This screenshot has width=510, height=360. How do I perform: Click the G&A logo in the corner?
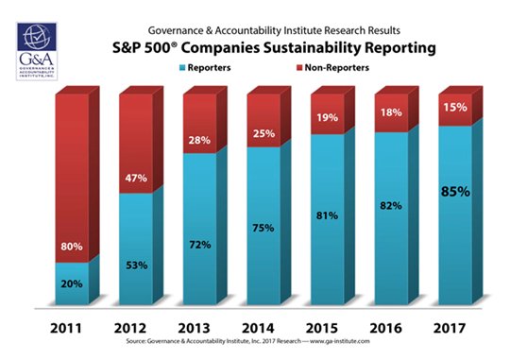pyautogui.click(x=37, y=51)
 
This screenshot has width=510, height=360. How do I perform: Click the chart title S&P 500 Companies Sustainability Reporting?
pyautogui.click(x=274, y=48)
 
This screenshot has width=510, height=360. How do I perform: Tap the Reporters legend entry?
pyautogui.click(x=205, y=68)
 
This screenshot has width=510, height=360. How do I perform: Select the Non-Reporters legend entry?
pyautogui.click(x=332, y=68)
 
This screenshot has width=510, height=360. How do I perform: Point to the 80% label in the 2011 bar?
pyautogui.click(x=72, y=247)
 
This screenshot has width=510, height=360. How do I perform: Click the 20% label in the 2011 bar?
pyautogui.click(x=72, y=283)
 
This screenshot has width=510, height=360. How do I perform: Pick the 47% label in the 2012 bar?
pyautogui.click(x=136, y=178)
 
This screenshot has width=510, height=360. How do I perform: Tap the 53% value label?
pyautogui.click(x=137, y=266)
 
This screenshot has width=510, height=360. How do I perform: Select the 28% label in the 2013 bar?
pyautogui.click(x=199, y=140)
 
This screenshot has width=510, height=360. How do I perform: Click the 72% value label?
pyautogui.click(x=200, y=245)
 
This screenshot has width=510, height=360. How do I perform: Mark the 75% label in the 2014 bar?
pyautogui.click(x=263, y=228)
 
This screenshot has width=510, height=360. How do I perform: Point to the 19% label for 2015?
pyautogui.click(x=327, y=117)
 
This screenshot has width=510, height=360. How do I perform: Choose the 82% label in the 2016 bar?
pyautogui.click(x=391, y=205)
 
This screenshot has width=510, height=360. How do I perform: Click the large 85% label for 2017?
pyautogui.click(x=455, y=192)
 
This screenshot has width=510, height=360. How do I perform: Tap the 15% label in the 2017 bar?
pyautogui.click(x=455, y=107)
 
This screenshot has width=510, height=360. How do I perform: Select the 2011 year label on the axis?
pyautogui.click(x=66, y=328)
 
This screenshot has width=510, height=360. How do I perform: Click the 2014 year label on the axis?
pyautogui.click(x=258, y=328)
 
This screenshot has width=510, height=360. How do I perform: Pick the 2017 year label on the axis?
pyautogui.click(x=450, y=328)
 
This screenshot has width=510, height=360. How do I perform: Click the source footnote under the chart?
pyautogui.click(x=247, y=341)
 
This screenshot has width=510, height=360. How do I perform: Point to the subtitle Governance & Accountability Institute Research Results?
pyautogui.click(x=274, y=30)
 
